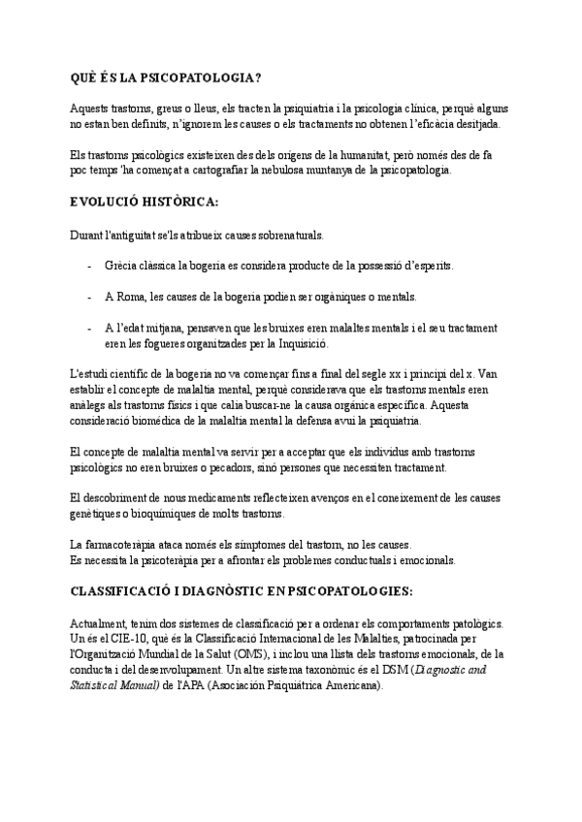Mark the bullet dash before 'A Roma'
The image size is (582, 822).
point(89,297)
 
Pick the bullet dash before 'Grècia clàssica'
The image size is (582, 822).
point(89,266)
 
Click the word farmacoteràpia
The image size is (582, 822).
point(125,545)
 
